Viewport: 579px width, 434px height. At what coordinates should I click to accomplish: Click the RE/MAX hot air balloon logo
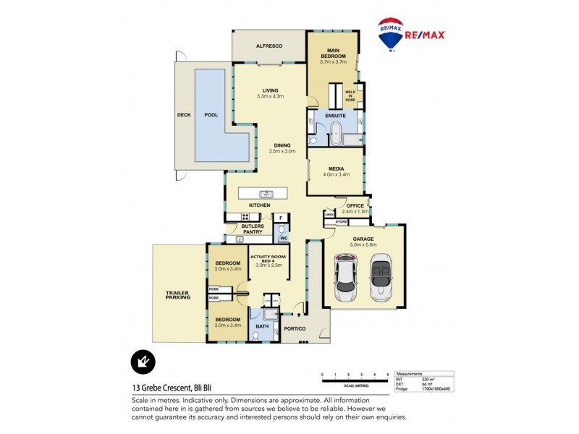[x=391, y=34]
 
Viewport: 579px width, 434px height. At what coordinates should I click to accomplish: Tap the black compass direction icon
[x=143, y=362]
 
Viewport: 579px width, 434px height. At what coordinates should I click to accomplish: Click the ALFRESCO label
[x=269, y=46]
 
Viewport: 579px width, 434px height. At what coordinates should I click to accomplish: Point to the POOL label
[x=211, y=115]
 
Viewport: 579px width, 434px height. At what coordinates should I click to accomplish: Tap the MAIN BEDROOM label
[x=333, y=53]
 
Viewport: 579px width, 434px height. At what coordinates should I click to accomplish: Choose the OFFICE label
[x=355, y=206]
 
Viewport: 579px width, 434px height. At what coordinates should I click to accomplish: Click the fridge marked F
[x=281, y=217]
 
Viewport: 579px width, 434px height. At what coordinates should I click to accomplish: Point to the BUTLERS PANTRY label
[x=253, y=229]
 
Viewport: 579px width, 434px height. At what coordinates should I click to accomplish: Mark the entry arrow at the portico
[x=297, y=315]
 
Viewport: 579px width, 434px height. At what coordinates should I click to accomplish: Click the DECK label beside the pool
[x=183, y=115]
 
